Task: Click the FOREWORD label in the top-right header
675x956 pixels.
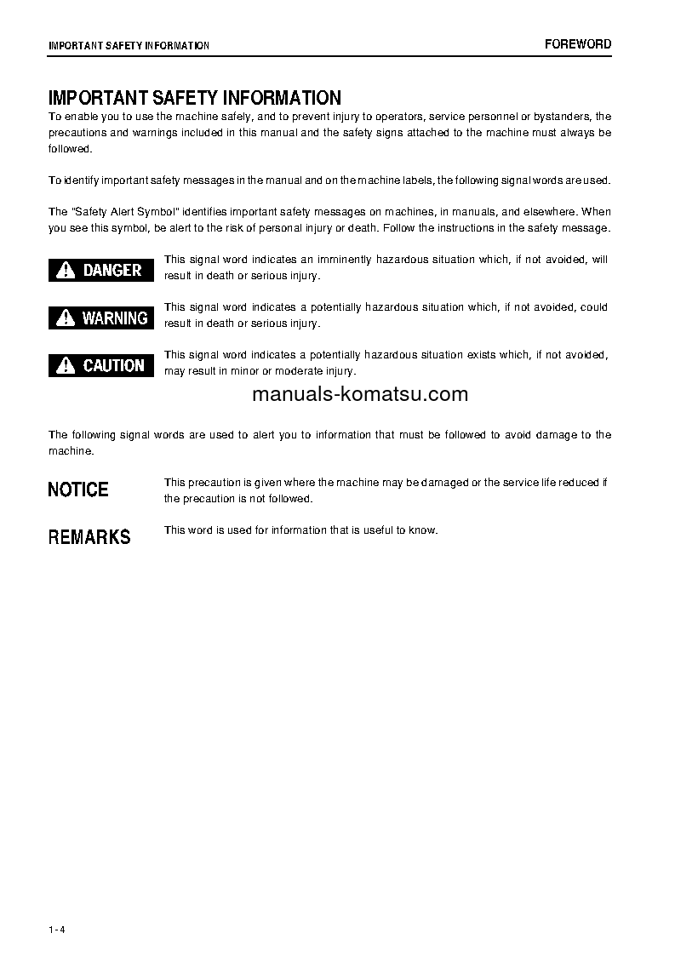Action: click(578, 44)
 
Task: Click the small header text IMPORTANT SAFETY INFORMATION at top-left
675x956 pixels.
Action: click(129, 45)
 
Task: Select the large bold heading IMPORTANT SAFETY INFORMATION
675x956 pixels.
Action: click(195, 99)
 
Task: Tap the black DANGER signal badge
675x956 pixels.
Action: click(101, 270)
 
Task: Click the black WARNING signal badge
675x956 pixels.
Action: click(101, 318)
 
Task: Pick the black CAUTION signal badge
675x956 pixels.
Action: click(101, 365)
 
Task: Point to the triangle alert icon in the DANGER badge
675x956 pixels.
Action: click(66, 271)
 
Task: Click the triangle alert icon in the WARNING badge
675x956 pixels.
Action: click(66, 318)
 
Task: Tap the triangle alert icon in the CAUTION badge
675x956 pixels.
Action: click(66, 366)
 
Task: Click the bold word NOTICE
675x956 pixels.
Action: click(78, 489)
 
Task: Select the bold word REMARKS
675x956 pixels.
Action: click(89, 537)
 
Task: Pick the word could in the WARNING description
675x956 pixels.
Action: click(594, 307)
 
